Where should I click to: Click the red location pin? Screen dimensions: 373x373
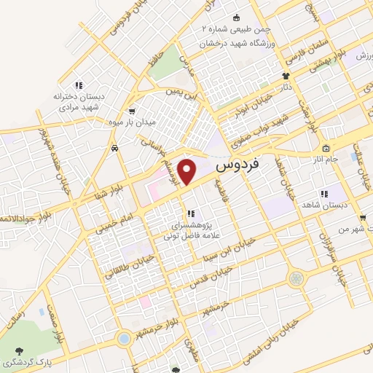pos(189,170)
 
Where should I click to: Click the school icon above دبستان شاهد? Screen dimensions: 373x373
pos(323,194)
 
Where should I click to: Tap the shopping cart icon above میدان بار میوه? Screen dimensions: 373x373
pos(131,111)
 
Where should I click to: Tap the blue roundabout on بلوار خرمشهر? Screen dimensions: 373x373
pos(125,339)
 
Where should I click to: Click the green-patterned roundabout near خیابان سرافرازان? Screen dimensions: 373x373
pos(296,278)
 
